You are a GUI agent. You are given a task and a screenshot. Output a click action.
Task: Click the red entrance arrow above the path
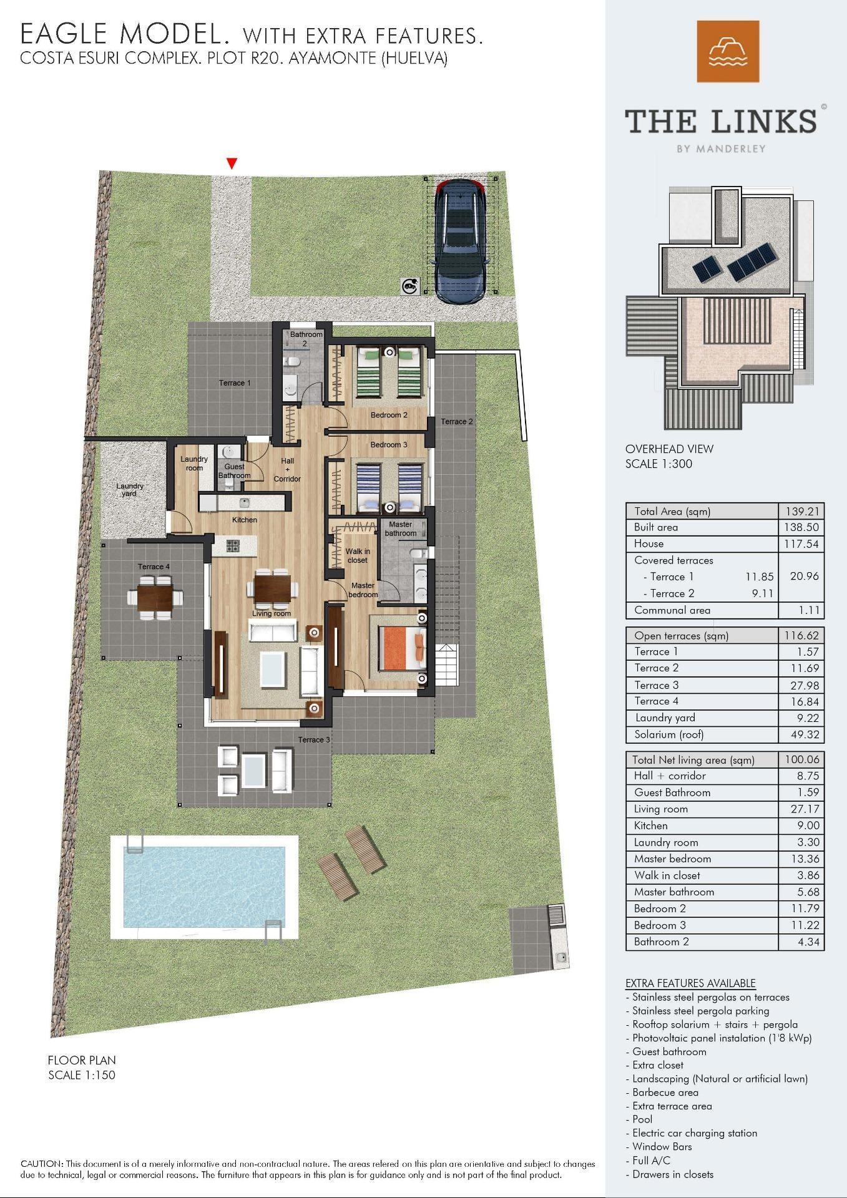(x=232, y=163)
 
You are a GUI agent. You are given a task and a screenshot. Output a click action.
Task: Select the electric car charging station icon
(x=410, y=286)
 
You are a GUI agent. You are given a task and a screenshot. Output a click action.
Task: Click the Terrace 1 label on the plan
(x=235, y=383)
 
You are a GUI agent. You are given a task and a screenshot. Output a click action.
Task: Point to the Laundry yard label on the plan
(x=129, y=490)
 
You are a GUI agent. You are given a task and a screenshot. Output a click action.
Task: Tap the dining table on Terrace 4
(x=155, y=596)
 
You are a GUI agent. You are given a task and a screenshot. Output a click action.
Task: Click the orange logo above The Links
(x=728, y=51)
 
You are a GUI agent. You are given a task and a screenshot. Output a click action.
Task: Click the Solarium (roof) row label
(x=668, y=734)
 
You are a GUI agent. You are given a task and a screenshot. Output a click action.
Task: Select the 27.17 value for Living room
(x=808, y=809)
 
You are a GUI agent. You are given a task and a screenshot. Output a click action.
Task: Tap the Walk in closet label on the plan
(x=358, y=556)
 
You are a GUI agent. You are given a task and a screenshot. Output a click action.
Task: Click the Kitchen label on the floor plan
(x=245, y=520)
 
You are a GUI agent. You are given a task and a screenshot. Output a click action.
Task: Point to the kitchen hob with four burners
(x=233, y=545)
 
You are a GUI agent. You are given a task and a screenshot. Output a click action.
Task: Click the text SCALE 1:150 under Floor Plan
(x=82, y=1075)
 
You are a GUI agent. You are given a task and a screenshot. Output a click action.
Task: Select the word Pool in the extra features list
(x=642, y=1119)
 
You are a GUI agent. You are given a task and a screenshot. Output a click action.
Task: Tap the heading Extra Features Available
(x=690, y=983)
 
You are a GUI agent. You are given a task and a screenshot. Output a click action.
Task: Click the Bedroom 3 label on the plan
(x=388, y=445)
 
